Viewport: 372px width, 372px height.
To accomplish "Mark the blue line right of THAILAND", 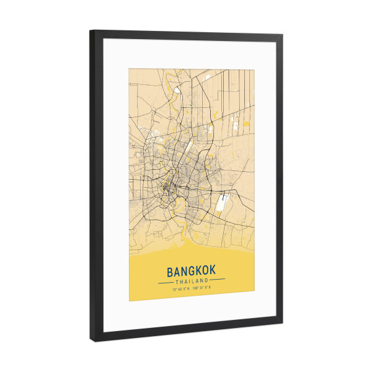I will pos(216,280).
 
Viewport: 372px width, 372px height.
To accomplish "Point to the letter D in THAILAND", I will pos(205,280).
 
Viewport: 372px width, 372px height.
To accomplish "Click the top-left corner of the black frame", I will pos(91,31).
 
